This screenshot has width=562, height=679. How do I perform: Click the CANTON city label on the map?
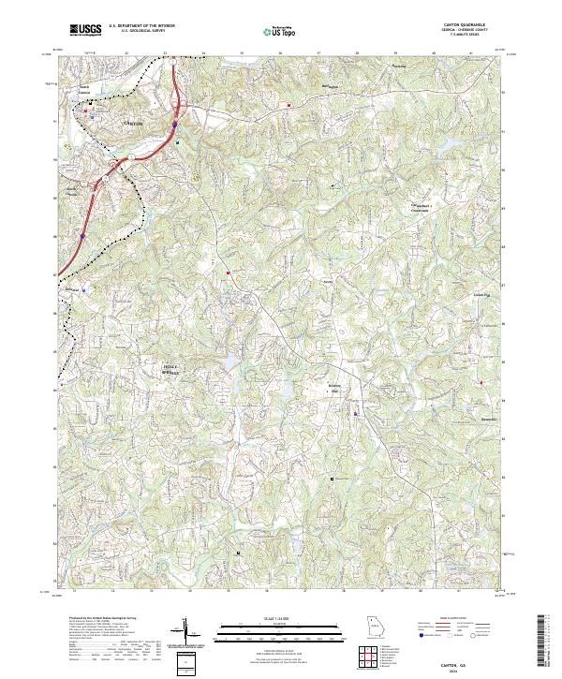pyautogui.click(x=133, y=124)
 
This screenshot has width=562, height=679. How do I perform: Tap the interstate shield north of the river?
pyautogui.click(x=176, y=122)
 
